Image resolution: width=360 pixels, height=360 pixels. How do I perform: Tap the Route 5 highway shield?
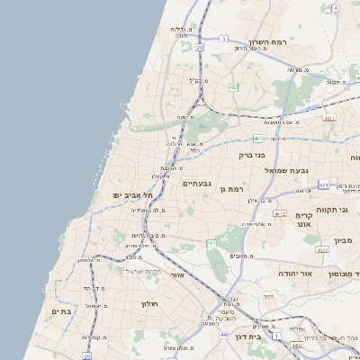(x=223, y=40)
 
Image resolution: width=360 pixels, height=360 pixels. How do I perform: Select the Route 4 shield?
(x=335, y=7)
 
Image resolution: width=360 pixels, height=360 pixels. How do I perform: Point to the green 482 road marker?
(x=233, y=87)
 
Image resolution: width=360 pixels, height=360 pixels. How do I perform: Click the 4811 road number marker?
(x=328, y=118)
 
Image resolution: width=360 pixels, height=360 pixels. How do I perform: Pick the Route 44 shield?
(x=222, y=334)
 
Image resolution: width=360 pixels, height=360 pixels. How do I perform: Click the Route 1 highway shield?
(x=276, y=336)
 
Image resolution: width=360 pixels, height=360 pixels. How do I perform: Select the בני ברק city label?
(x=254, y=155)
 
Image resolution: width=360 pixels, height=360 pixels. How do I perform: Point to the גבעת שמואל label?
(x=286, y=169)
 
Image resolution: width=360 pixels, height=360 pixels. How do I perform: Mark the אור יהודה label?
(x=293, y=273)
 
